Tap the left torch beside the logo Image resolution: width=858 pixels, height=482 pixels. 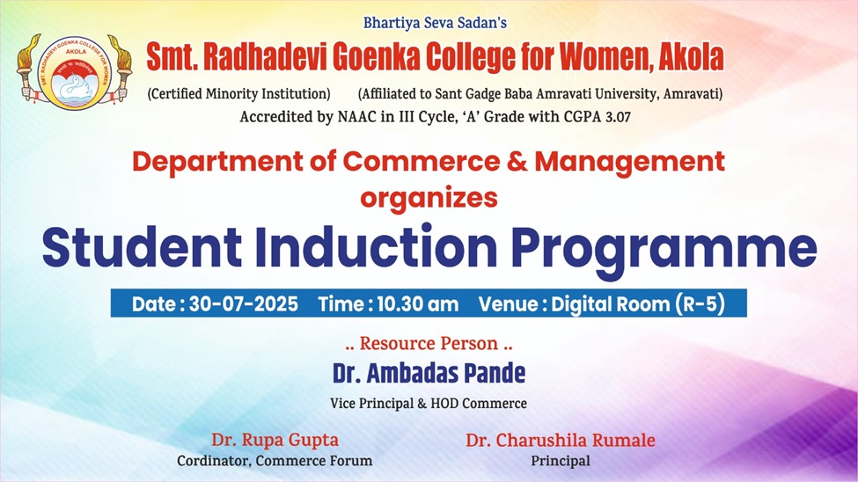tap(29, 68)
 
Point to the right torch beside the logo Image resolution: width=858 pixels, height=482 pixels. tap(120, 68)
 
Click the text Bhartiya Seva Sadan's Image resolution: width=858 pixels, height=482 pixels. tap(435, 23)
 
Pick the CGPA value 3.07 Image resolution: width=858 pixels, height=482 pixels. tap(618, 117)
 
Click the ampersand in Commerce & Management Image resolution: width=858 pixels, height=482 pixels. tap(517, 161)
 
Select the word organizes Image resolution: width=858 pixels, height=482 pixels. tap(429, 198)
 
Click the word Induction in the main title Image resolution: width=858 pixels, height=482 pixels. tap(377, 247)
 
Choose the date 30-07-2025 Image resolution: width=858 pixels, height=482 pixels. tap(244, 303)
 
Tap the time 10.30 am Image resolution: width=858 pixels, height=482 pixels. tap(417, 303)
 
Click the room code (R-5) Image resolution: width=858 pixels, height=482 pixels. tap(700, 303)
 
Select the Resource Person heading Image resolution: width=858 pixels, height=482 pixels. tap(429, 344)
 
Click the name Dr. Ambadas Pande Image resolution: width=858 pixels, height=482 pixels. tap(429, 374)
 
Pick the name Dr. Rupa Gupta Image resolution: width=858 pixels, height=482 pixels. tap(275, 440)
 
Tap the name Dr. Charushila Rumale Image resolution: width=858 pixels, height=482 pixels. tap(561, 440)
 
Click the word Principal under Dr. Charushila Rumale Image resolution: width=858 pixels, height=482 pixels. tap(561, 461)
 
